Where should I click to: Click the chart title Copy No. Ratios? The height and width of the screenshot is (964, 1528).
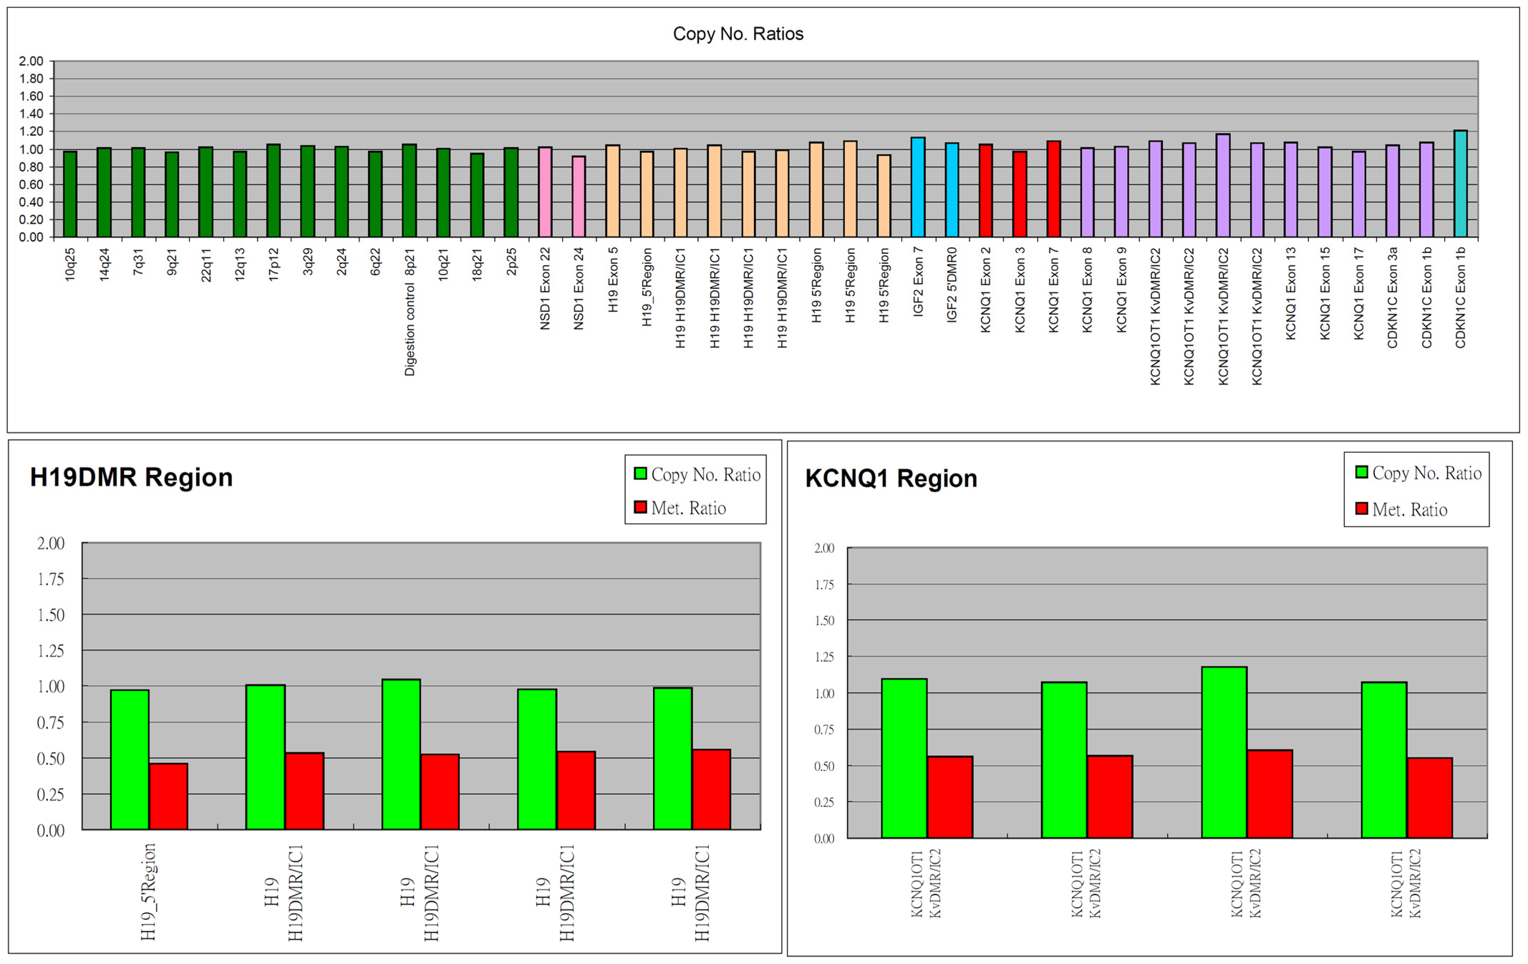738,34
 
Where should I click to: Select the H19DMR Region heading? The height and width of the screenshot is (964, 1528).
131,477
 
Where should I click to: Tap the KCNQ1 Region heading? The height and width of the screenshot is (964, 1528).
891,479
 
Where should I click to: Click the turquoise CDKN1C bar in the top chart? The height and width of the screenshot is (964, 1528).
1460,184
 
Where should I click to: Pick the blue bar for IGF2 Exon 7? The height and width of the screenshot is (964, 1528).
918,187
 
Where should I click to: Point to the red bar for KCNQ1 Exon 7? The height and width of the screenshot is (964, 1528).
1053,189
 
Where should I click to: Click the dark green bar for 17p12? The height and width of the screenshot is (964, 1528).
274,190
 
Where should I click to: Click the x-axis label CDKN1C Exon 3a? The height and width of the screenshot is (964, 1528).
1392,297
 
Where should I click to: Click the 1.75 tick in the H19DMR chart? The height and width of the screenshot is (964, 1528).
51,579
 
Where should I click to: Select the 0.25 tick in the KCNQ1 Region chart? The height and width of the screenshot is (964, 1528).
824,802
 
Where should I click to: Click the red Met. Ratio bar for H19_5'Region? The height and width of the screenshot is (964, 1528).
168,796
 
